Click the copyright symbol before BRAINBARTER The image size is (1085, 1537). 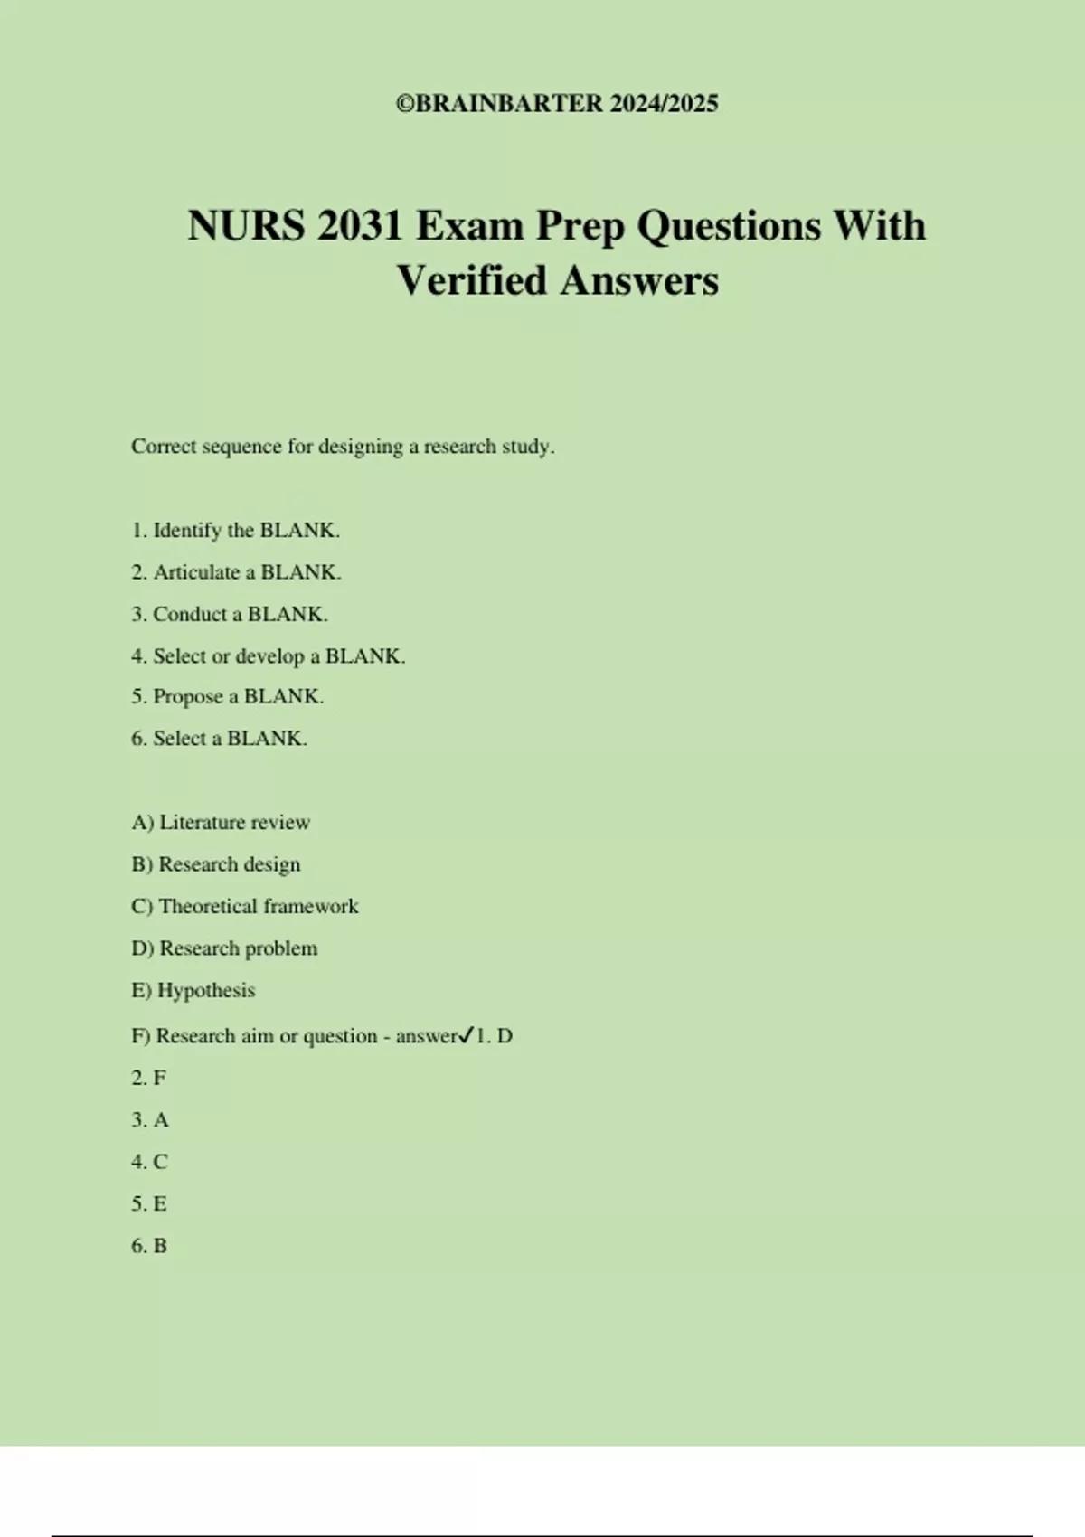tap(405, 104)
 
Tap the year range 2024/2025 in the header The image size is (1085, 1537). tap(664, 104)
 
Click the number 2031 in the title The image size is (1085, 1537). tap(360, 226)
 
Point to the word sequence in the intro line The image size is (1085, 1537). tap(241, 447)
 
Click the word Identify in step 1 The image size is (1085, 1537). tap(187, 531)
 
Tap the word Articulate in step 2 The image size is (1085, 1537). tap(196, 572)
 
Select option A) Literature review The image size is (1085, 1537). tap(221, 823)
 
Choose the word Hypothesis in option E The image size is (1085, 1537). tap(206, 991)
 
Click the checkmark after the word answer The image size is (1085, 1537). tap(466, 1035)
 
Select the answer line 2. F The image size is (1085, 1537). tap(149, 1078)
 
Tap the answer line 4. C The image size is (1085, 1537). tap(149, 1162)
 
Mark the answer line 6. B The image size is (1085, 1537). tap(149, 1246)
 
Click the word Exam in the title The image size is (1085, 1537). tap(468, 226)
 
